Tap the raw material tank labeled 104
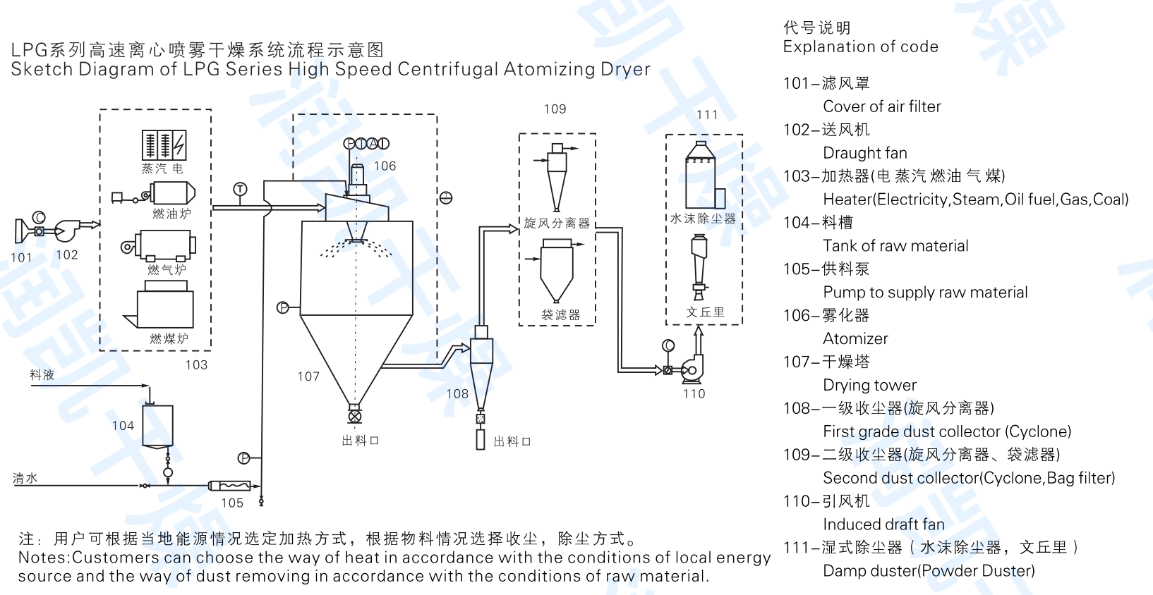click(x=157, y=426)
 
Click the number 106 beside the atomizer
click(x=385, y=166)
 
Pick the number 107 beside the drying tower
click(x=308, y=376)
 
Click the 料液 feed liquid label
click(x=42, y=375)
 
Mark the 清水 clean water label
click(x=25, y=478)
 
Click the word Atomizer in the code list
click(x=855, y=339)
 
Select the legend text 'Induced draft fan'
click(x=883, y=525)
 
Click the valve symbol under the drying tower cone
click(x=355, y=417)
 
